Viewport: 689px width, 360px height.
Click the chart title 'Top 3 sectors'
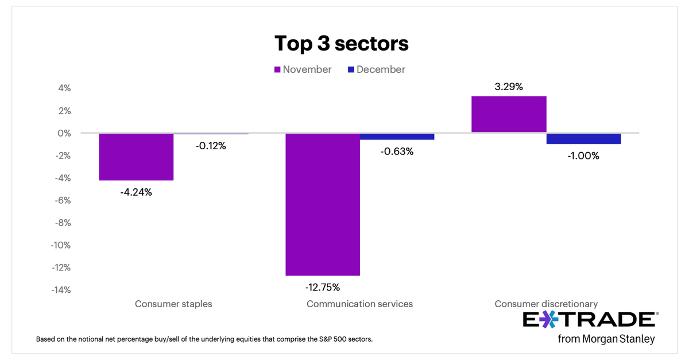[x=341, y=43]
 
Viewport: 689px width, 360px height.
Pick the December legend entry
[x=376, y=69]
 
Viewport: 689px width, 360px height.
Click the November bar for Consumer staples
[x=136, y=157]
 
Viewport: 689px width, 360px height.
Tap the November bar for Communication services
[x=323, y=204]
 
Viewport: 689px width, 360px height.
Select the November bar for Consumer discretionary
[x=509, y=114]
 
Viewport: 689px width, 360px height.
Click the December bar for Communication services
[x=397, y=137]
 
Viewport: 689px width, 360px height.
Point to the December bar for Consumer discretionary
[x=583, y=138]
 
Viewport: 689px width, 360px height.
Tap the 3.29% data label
[x=509, y=87]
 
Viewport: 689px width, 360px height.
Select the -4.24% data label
[x=136, y=192]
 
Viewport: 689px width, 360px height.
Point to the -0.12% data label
[x=210, y=146]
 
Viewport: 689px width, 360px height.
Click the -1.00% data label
[x=583, y=156]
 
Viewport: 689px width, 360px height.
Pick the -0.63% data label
[x=397, y=152]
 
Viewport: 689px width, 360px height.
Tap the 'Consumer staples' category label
[x=173, y=304]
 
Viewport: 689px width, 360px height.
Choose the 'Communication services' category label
[x=359, y=304]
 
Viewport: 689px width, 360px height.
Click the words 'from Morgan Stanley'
[x=606, y=339]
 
